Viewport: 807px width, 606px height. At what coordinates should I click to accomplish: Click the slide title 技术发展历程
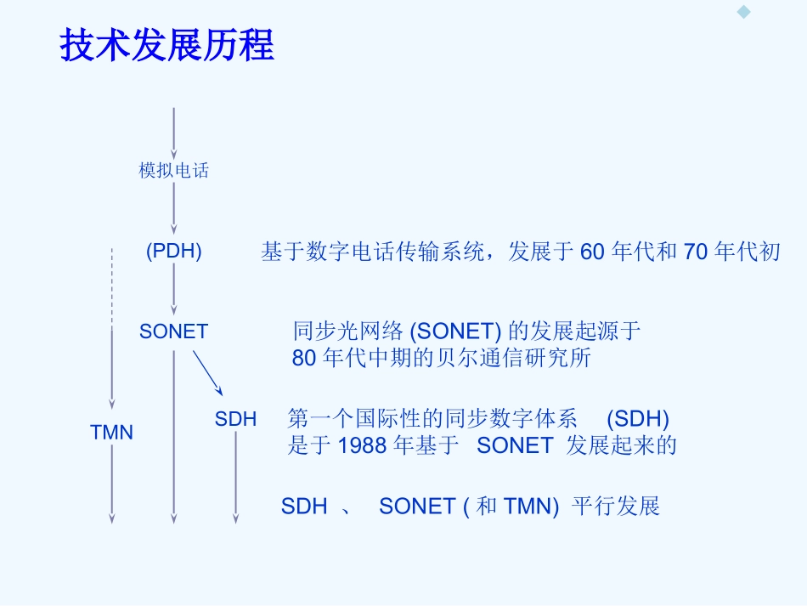click(x=166, y=45)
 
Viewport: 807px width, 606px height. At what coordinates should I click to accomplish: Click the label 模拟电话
click(x=174, y=171)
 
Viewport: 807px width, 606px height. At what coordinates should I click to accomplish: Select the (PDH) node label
click(x=174, y=252)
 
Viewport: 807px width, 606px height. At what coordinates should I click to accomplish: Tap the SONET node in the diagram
click(x=173, y=331)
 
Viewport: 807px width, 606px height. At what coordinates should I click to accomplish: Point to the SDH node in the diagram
click(x=235, y=418)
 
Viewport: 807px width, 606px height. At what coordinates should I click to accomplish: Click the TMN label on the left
click(x=111, y=433)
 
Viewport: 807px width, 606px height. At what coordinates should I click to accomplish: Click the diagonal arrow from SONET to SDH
click(x=207, y=373)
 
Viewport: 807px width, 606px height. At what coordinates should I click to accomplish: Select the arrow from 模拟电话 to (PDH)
click(x=174, y=207)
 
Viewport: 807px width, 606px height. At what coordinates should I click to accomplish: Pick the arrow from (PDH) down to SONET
click(x=174, y=289)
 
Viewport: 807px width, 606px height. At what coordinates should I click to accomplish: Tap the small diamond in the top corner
click(x=744, y=12)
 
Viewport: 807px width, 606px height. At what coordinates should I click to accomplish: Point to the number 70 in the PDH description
click(x=696, y=252)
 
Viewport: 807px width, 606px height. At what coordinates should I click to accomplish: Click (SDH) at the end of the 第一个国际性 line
click(x=638, y=418)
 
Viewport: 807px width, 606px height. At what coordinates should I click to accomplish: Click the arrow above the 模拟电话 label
click(x=174, y=132)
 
